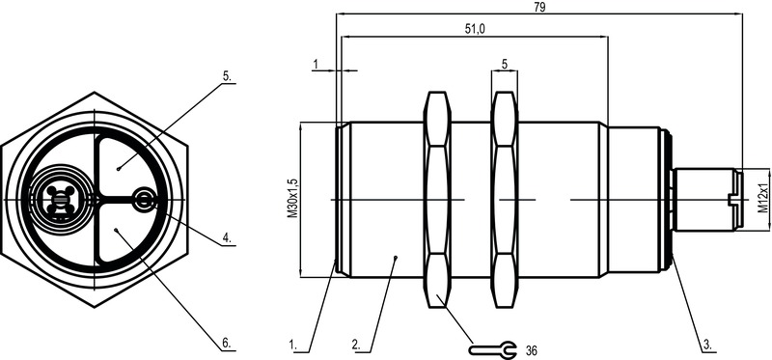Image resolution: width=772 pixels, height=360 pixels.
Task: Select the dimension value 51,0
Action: point(475,29)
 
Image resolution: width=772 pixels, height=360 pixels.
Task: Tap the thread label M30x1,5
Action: point(292,200)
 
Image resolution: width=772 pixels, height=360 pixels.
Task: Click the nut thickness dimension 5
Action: point(505,64)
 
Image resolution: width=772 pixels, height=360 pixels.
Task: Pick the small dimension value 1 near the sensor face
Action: point(316,64)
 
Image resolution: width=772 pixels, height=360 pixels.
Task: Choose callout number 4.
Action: point(227,237)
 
